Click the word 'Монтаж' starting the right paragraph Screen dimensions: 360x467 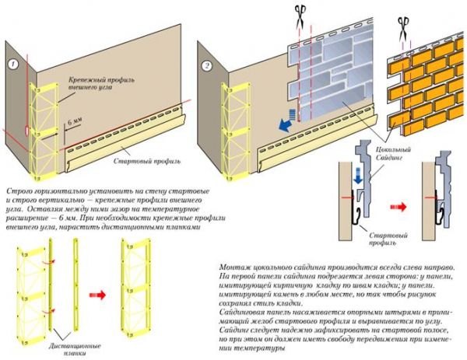coord(233,267)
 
